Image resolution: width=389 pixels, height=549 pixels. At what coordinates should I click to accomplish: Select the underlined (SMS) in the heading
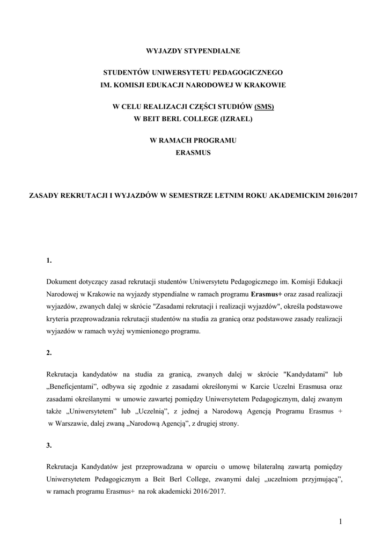264,106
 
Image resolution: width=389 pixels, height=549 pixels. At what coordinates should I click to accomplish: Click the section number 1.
49,261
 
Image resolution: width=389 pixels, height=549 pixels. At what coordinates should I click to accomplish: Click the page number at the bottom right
340,521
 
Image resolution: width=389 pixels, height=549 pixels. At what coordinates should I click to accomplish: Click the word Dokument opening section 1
62,281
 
